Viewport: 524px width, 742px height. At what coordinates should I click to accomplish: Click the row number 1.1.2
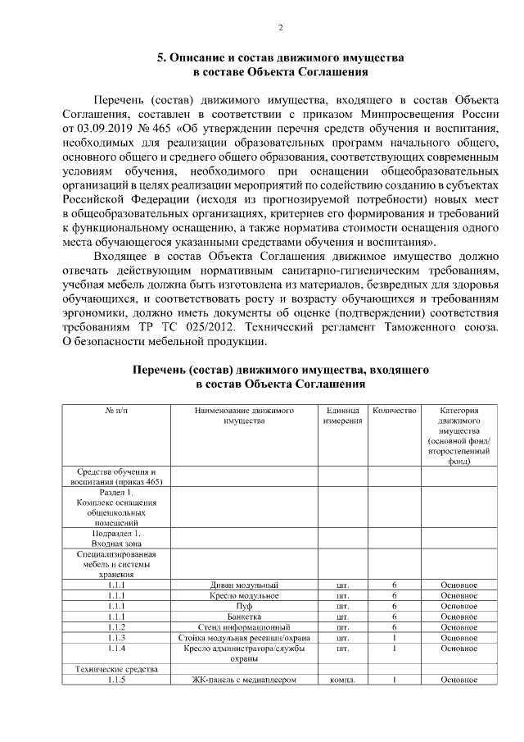pos(115,627)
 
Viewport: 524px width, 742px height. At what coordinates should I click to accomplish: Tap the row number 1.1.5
pos(115,680)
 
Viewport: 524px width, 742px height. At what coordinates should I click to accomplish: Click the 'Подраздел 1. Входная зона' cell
pos(115,538)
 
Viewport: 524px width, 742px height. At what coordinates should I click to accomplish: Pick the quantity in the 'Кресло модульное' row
pos(394,595)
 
